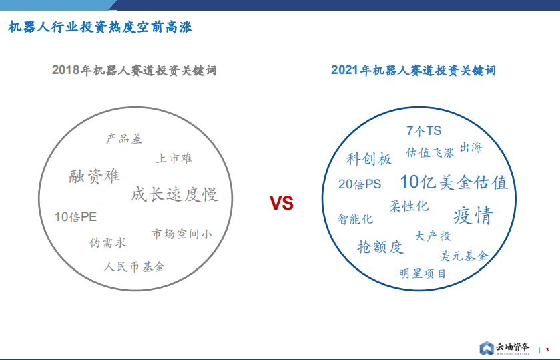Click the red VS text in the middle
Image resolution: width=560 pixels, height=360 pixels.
pyautogui.click(x=281, y=203)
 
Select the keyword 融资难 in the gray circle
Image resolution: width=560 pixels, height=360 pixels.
pyautogui.click(x=94, y=176)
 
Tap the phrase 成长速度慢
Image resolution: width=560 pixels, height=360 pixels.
pyautogui.click(x=174, y=194)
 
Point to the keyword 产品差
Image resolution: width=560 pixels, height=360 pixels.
pyautogui.click(x=123, y=139)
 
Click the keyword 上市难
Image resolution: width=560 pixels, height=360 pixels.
pyautogui.click(x=174, y=158)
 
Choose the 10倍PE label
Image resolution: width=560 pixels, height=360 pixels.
pyautogui.click(x=75, y=217)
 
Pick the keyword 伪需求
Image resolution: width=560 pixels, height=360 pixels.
pyautogui.click(x=107, y=242)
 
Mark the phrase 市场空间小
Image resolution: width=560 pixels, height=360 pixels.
pyautogui.click(x=182, y=234)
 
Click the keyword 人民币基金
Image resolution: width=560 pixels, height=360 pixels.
pyautogui.click(x=134, y=266)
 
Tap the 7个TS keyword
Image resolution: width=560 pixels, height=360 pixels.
pyautogui.click(x=424, y=131)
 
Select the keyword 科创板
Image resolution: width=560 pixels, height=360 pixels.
pyautogui.click(x=369, y=159)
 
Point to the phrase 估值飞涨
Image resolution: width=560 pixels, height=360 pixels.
pyautogui.click(x=430, y=152)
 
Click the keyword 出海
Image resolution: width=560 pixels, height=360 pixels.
pyautogui.click(x=470, y=148)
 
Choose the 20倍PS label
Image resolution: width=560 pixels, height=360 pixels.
pyautogui.click(x=360, y=184)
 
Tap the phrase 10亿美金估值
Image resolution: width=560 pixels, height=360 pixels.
pyautogui.click(x=454, y=182)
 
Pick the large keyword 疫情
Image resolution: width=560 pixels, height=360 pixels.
pyautogui.click(x=473, y=216)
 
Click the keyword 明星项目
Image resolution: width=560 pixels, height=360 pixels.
pyautogui.click(x=423, y=273)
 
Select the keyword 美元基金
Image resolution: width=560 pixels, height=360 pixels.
pyautogui.click(x=464, y=256)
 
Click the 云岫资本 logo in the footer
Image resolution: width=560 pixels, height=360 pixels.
pyautogui.click(x=505, y=349)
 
